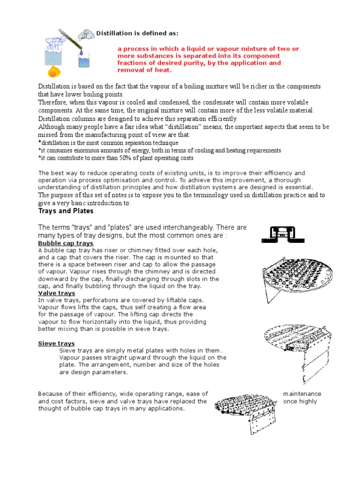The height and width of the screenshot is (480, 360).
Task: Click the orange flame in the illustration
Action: (x=54, y=71)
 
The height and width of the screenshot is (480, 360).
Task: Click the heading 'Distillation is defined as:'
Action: (x=137, y=33)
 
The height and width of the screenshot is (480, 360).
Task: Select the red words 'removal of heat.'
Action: (x=145, y=70)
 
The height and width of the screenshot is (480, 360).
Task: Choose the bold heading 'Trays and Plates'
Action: (x=66, y=211)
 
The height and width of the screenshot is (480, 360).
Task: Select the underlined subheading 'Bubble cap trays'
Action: (x=65, y=244)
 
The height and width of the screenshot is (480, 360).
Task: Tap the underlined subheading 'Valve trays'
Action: (x=56, y=293)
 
